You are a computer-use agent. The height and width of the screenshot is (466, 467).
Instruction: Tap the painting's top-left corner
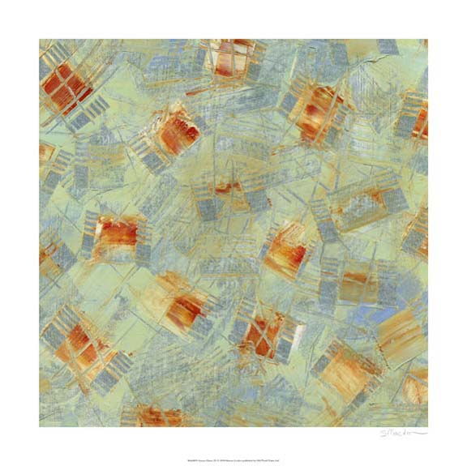tap(39, 39)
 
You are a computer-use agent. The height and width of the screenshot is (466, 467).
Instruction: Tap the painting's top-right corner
tap(427, 39)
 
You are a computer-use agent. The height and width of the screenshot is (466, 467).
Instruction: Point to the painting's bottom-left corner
tap(39, 427)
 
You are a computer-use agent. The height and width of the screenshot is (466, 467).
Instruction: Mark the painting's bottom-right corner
tap(427, 427)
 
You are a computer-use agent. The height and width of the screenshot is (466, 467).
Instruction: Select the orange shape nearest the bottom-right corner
tap(415, 387)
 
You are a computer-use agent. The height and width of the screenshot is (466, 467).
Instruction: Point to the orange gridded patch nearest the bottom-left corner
tap(81, 344)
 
